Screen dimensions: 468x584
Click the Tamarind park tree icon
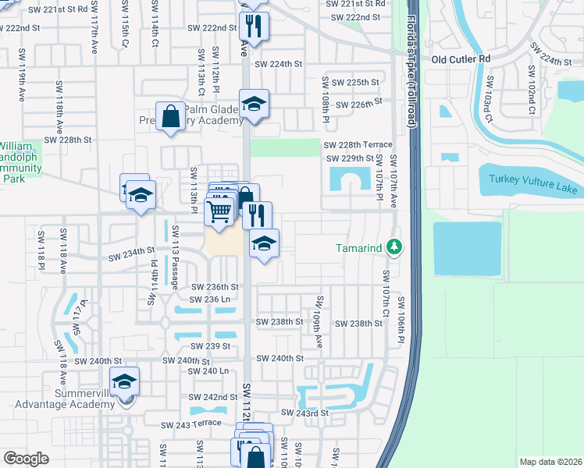[395, 247]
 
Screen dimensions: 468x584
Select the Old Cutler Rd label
[462, 58]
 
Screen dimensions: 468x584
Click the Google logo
[26, 459]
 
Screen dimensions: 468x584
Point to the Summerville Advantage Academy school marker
[124, 382]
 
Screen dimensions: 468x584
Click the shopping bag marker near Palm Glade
[170, 118]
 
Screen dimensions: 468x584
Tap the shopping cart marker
[219, 211]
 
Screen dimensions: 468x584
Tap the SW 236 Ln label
[210, 300]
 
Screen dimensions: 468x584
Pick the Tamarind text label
[359, 247]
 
